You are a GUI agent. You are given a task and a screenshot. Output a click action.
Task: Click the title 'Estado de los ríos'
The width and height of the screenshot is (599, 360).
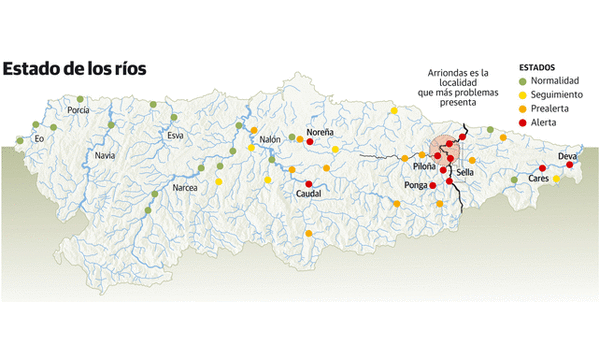pos(74,69)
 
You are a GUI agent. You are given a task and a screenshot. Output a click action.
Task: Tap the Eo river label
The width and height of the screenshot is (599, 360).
pos(39,138)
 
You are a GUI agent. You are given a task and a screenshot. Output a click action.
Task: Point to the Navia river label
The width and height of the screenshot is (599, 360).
pos(104,157)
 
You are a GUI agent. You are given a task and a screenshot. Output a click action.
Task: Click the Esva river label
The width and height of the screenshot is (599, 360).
pos(175,135)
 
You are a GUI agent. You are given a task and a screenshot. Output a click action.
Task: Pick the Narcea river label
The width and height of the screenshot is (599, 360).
pos(185,188)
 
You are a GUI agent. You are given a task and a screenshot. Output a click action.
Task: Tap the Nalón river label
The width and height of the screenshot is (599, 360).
pos(270,141)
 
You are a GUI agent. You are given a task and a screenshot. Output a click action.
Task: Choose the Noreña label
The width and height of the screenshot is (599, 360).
pos(320,131)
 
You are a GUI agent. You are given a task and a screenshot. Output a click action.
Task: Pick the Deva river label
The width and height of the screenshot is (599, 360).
pos(567,157)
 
